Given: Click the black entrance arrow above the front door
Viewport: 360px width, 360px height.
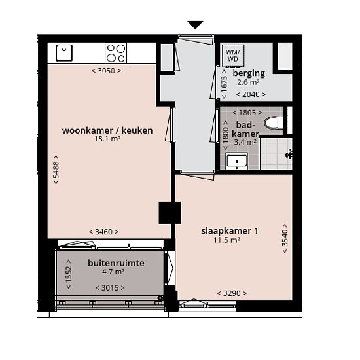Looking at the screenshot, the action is pyautogui.click(x=196, y=25).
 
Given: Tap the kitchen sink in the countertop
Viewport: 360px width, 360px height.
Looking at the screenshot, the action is pyautogui.click(x=64, y=53).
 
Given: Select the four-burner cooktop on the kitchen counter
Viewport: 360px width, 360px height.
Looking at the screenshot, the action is pyautogui.click(x=116, y=53).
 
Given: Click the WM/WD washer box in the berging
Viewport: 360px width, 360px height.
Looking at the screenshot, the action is pyautogui.click(x=233, y=56).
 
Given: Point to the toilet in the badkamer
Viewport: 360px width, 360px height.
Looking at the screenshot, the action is pyautogui.click(x=273, y=123).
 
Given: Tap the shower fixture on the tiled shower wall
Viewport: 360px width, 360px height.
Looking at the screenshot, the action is pyautogui.click(x=289, y=154).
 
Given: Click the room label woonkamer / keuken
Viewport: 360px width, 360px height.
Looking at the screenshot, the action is pyautogui.click(x=107, y=130).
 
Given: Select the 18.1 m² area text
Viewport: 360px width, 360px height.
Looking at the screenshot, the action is pyautogui.click(x=107, y=139).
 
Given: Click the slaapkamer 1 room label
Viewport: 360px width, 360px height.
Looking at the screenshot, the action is pyautogui.click(x=230, y=231).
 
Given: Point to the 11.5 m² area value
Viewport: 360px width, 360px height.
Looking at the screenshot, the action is pyautogui.click(x=227, y=240).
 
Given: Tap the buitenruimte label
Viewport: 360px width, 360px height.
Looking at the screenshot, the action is pyautogui.click(x=116, y=263).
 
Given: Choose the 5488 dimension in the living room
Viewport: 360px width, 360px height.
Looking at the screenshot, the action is pyautogui.click(x=56, y=170).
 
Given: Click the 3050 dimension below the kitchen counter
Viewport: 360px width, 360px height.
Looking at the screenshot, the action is pyautogui.click(x=106, y=71).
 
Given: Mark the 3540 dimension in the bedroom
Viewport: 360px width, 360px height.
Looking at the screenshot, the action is pyautogui.click(x=285, y=238).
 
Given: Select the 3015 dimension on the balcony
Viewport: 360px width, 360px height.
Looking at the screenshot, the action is pyautogui.click(x=110, y=288).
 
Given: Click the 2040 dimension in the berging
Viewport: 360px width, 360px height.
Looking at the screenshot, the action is pyautogui.click(x=251, y=94).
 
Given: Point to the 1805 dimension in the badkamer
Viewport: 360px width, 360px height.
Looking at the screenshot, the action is pyautogui.click(x=247, y=113).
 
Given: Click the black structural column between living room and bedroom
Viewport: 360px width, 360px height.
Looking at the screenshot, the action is pyautogui.click(x=170, y=213).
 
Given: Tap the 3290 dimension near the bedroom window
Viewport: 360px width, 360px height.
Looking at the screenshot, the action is pyautogui.click(x=232, y=293).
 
